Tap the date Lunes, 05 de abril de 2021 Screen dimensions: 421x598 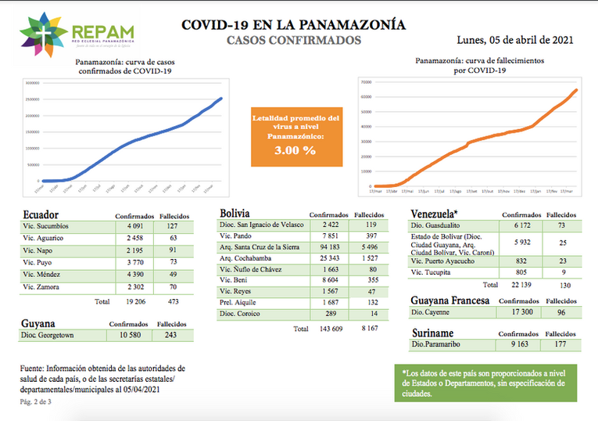[516, 40]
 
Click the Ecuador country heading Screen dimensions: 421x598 [41, 214]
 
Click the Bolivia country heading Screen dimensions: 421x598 [235, 213]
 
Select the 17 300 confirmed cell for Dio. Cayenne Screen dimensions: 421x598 [515, 312]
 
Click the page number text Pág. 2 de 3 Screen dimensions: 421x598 [36, 401]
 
